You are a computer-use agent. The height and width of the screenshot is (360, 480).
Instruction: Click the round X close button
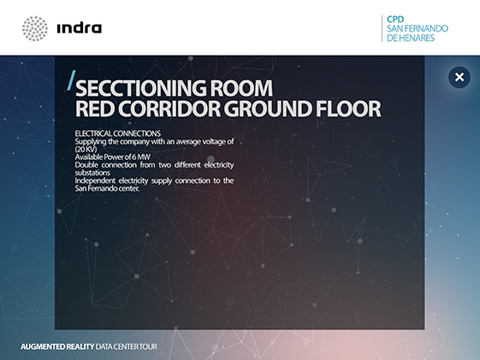pos(459,77)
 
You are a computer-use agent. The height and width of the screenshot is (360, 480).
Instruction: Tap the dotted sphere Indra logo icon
pos(35,28)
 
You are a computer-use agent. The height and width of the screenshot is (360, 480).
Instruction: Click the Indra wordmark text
pos(80,28)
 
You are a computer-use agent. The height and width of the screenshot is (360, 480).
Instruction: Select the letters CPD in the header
pos(395,20)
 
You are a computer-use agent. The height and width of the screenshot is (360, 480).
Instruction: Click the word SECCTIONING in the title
pos(141,88)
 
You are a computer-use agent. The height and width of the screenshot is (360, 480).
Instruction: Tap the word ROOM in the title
pos(241,88)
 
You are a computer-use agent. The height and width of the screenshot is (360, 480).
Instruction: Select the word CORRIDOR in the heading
pos(169,109)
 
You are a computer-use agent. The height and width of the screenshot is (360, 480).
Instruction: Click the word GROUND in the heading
pos(268,109)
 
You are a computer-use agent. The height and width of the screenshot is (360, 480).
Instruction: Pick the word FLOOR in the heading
pos(348,109)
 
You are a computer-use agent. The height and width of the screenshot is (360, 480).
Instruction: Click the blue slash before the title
pos(71,80)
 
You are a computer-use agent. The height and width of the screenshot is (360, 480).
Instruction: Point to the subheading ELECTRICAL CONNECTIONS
pos(118,133)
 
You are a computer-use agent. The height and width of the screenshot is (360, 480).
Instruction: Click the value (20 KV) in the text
pos(86,150)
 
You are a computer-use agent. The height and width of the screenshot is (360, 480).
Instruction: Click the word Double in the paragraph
pos(86,165)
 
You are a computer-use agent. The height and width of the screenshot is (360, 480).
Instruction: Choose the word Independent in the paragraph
pos(95,180)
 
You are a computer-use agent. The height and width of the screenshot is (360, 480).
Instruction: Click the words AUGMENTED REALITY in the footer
pos(57,346)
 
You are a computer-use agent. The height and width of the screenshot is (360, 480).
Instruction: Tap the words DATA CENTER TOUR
pos(126,346)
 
